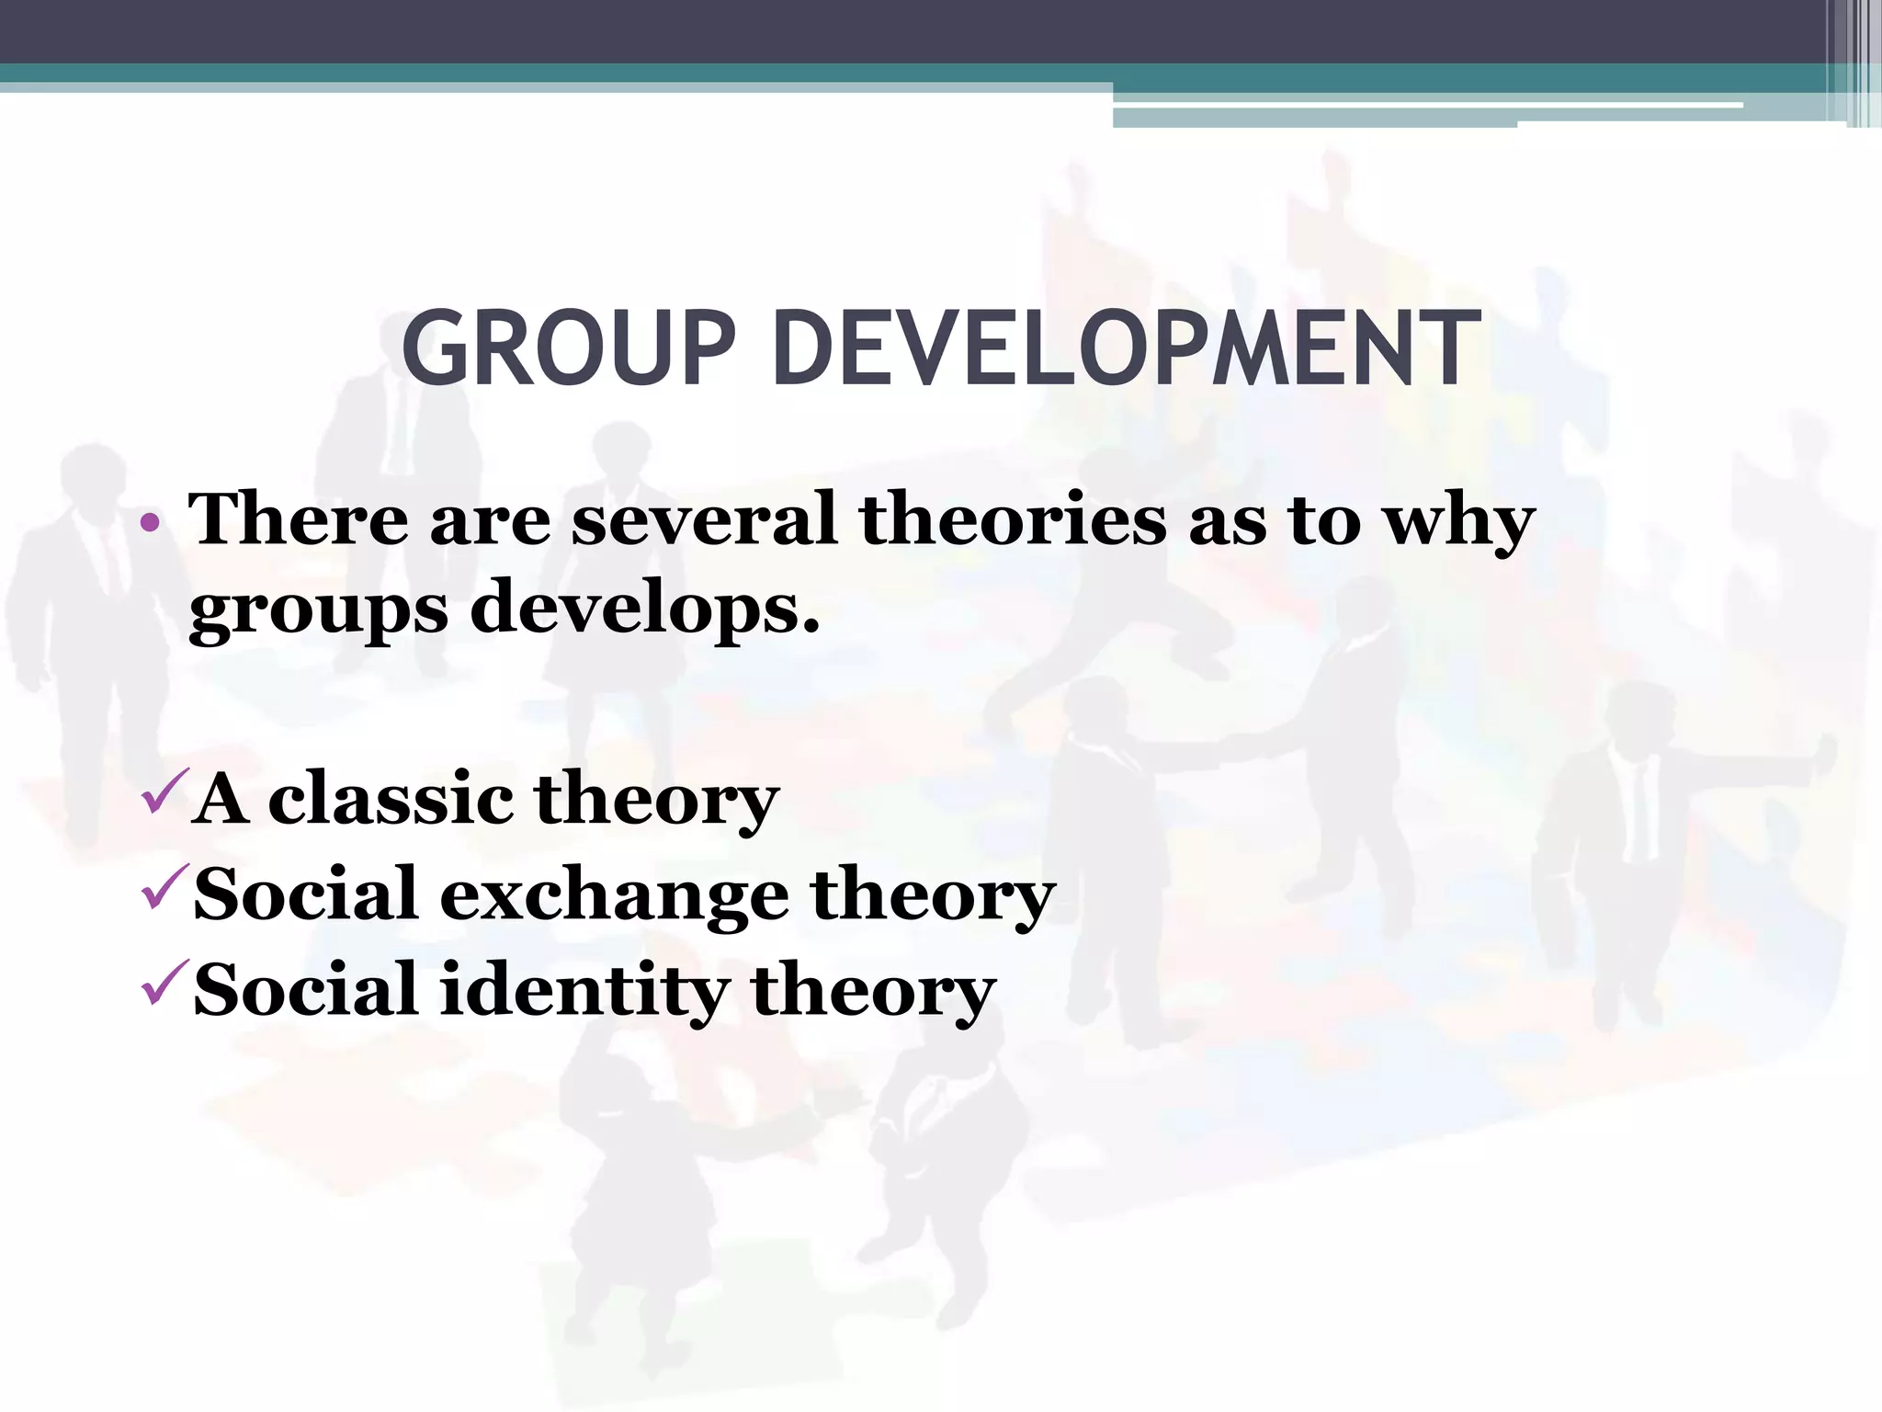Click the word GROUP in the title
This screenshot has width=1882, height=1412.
pos(569,350)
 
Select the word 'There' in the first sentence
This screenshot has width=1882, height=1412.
pos(297,519)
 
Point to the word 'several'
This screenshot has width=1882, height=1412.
pos(704,519)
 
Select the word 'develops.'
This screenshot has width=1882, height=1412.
pos(644,609)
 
